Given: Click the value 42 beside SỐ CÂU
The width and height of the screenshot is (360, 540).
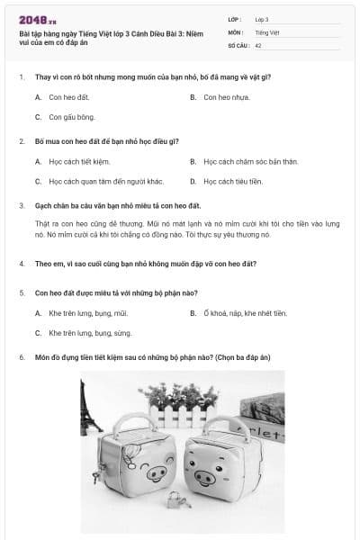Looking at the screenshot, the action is (259, 44).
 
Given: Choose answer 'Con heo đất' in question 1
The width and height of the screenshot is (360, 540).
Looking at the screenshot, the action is (69, 97).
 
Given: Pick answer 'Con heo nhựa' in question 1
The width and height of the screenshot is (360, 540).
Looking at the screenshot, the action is (226, 97).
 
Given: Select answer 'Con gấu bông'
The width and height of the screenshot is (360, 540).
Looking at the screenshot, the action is (72, 117).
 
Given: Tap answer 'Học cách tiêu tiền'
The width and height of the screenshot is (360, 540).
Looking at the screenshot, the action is (233, 181).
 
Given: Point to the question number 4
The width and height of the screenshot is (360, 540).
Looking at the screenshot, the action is (21, 264).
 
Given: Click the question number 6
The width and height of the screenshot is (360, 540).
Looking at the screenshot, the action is (21, 357).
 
